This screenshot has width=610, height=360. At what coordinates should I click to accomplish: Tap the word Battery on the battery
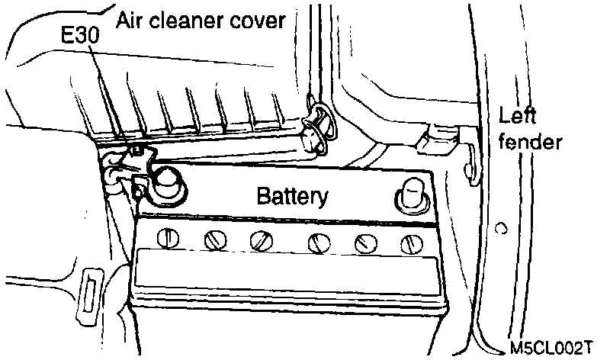click(x=293, y=197)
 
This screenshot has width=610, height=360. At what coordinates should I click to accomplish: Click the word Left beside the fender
click(x=518, y=116)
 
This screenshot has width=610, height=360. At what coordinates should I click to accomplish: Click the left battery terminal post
click(x=162, y=183)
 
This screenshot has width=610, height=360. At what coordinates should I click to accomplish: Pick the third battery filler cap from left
click(x=262, y=242)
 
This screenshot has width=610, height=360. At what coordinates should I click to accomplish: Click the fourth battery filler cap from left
click(x=318, y=243)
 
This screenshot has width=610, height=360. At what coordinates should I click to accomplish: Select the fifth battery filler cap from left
click(x=365, y=243)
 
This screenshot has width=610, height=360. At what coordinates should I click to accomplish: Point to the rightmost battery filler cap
click(x=410, y=244)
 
